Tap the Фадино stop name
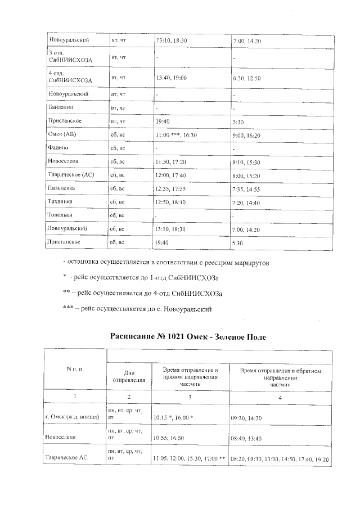[59, 148]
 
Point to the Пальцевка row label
[62, 188]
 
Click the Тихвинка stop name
[61, 201]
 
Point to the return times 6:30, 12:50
[246, 78]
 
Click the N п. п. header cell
[75, 369]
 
